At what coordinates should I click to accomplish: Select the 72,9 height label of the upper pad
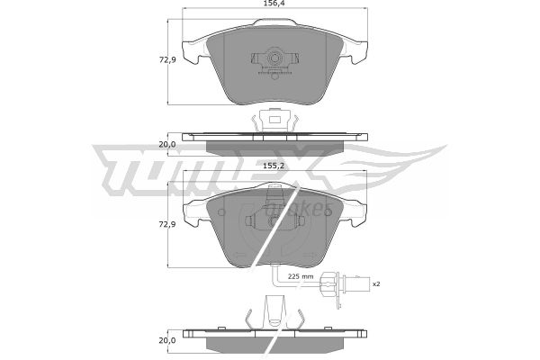(167, 60)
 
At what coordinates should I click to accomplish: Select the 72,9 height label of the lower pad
(167, 224)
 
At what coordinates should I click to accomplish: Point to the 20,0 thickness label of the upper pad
(167, 144)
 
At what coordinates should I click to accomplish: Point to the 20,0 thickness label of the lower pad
(167, 340)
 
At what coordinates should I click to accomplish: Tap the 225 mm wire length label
(301, 276)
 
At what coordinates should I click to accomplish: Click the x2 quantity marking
(376, 283)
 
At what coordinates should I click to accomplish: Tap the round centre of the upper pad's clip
(274, 58)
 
